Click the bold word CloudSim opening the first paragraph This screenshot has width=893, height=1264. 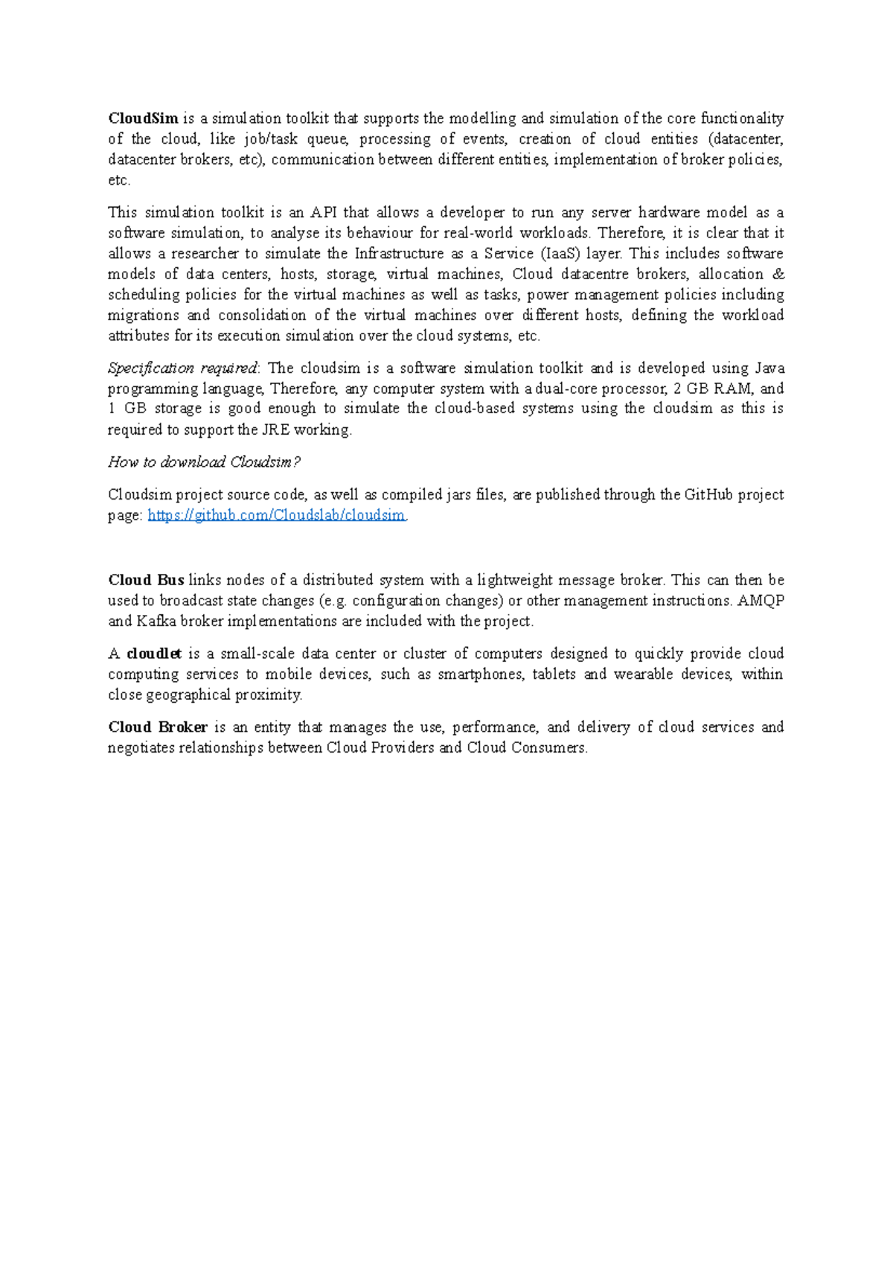click(143, 118)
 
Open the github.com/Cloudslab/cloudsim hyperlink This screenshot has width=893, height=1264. click(277, 515)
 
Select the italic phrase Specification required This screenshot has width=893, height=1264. click(182, 368)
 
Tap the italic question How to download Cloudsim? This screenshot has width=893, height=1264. click(204, 462)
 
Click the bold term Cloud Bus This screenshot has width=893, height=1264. click(146, 580)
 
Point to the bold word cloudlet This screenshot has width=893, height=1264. click(154, 654)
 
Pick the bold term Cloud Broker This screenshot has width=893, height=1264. click(158, 727)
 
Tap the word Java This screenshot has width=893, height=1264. click(769, 368)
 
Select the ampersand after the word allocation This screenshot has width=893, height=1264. click(778, 274)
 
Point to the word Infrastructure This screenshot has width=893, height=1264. click(399, 254)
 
